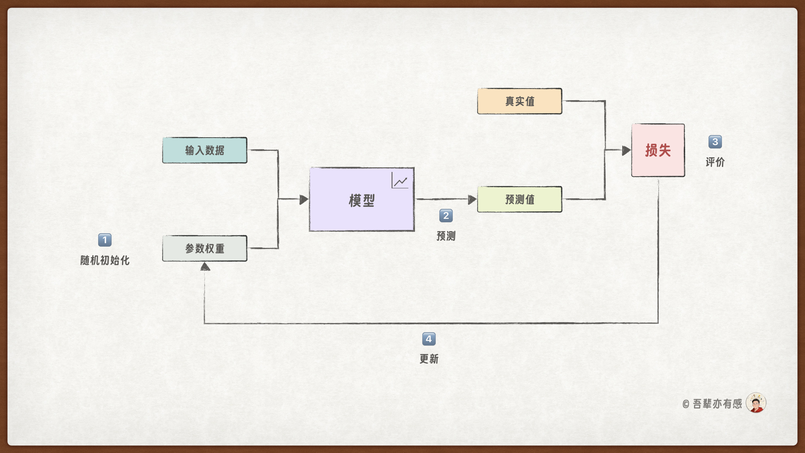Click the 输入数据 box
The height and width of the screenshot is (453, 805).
pos(205,150)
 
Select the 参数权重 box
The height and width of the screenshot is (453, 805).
pos(205,248)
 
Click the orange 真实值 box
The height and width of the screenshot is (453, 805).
pos(519,101)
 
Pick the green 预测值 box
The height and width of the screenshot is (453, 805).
pos(519,199)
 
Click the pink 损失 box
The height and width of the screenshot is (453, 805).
pos(658,150)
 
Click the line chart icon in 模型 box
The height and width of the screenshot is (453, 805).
pos(400,181)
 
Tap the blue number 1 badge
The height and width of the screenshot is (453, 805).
pos(105,240)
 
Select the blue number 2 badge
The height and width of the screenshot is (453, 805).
pos(446,216)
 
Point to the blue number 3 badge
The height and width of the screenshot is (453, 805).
pos(715,142)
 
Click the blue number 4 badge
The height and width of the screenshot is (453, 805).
pos(428,339)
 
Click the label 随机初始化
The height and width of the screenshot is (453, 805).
pos(105,260)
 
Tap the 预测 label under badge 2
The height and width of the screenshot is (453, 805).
pos(446,236)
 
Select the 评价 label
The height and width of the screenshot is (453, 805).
pos(715,162)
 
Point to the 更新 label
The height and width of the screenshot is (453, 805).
pos(429,359)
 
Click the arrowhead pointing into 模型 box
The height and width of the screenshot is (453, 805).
pos(304,200)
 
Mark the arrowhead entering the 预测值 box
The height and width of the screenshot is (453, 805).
pos(472,200)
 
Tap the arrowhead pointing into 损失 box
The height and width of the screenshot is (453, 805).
pos(626,151)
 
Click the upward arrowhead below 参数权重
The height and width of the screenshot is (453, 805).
pos(205,267)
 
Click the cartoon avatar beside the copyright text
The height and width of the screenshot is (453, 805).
pos(756,403)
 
